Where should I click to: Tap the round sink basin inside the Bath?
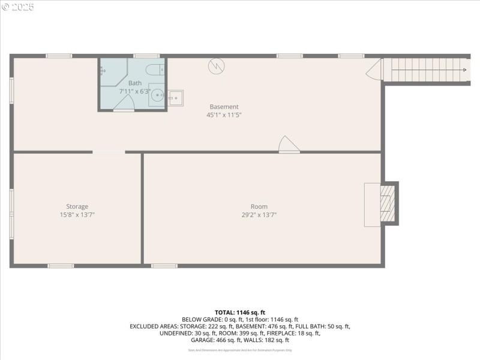pyautogui.click(x=157, y=95)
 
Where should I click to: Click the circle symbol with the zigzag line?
pyautogui.click(x=215, y=65)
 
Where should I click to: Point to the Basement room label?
pyautogui.click(x=224, y=107)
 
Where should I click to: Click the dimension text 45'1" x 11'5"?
pyautogui.click(x=224, y=115)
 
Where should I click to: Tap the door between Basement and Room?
pyautogui.click(x=289, y=145)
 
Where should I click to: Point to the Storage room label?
pyautogui.click(x=77, y=206)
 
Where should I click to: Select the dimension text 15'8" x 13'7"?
pyautogui.click(x=77, y=215)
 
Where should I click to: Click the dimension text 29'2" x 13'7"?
pyautogui.click(x=259, y=215)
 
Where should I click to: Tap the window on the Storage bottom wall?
pyautogui.click(x=61, y=265)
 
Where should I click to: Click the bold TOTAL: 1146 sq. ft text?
pyautogui.click(x=239, y=312)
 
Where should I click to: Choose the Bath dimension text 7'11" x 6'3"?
pyautogui.click(x=135, y=91)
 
